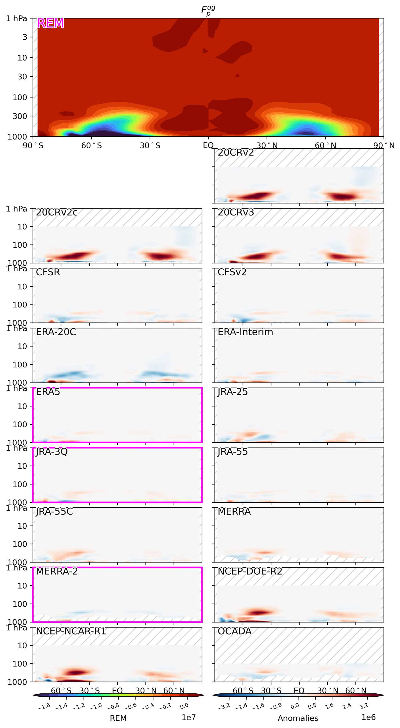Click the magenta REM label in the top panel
pyautogui.click(x=50, y=23)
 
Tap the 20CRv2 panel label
pyautogui.click(x=236, y=153)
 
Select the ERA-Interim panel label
pyautogui.click(x=245, y=332)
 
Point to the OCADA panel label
pyautogui.click(x=234, y=631)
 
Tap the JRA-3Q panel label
pyautogui.click(x=52, y=452)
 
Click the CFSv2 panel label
pyautogui.click(x=232, y=272)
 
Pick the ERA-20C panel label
pyautogui.click(x=56, y=332)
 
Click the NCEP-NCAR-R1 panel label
pyautogui.click(x=71, y=631)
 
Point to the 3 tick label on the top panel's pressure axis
pyautogui.click(x=25, y=37)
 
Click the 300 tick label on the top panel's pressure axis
pyautogui.click(x=20, y=116)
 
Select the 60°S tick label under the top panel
pyautogui.click(x=91, y=145)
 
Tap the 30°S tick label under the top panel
pyautogui.click(x=150, y=145)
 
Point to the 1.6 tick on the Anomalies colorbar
pyautogui.click(x=329, y=706)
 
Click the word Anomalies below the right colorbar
pyautogui.click(x=298, y=718)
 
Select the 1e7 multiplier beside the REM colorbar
pyautogui.click(x=189, y=717)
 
